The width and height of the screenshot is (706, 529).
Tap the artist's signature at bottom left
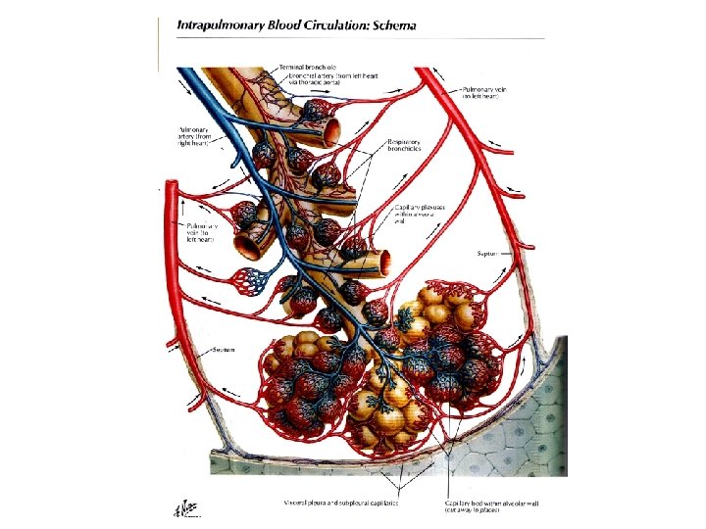[185, 506]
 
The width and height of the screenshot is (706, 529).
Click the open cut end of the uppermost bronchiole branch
[333, 127]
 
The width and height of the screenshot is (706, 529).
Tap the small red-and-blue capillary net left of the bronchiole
[257, 283]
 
